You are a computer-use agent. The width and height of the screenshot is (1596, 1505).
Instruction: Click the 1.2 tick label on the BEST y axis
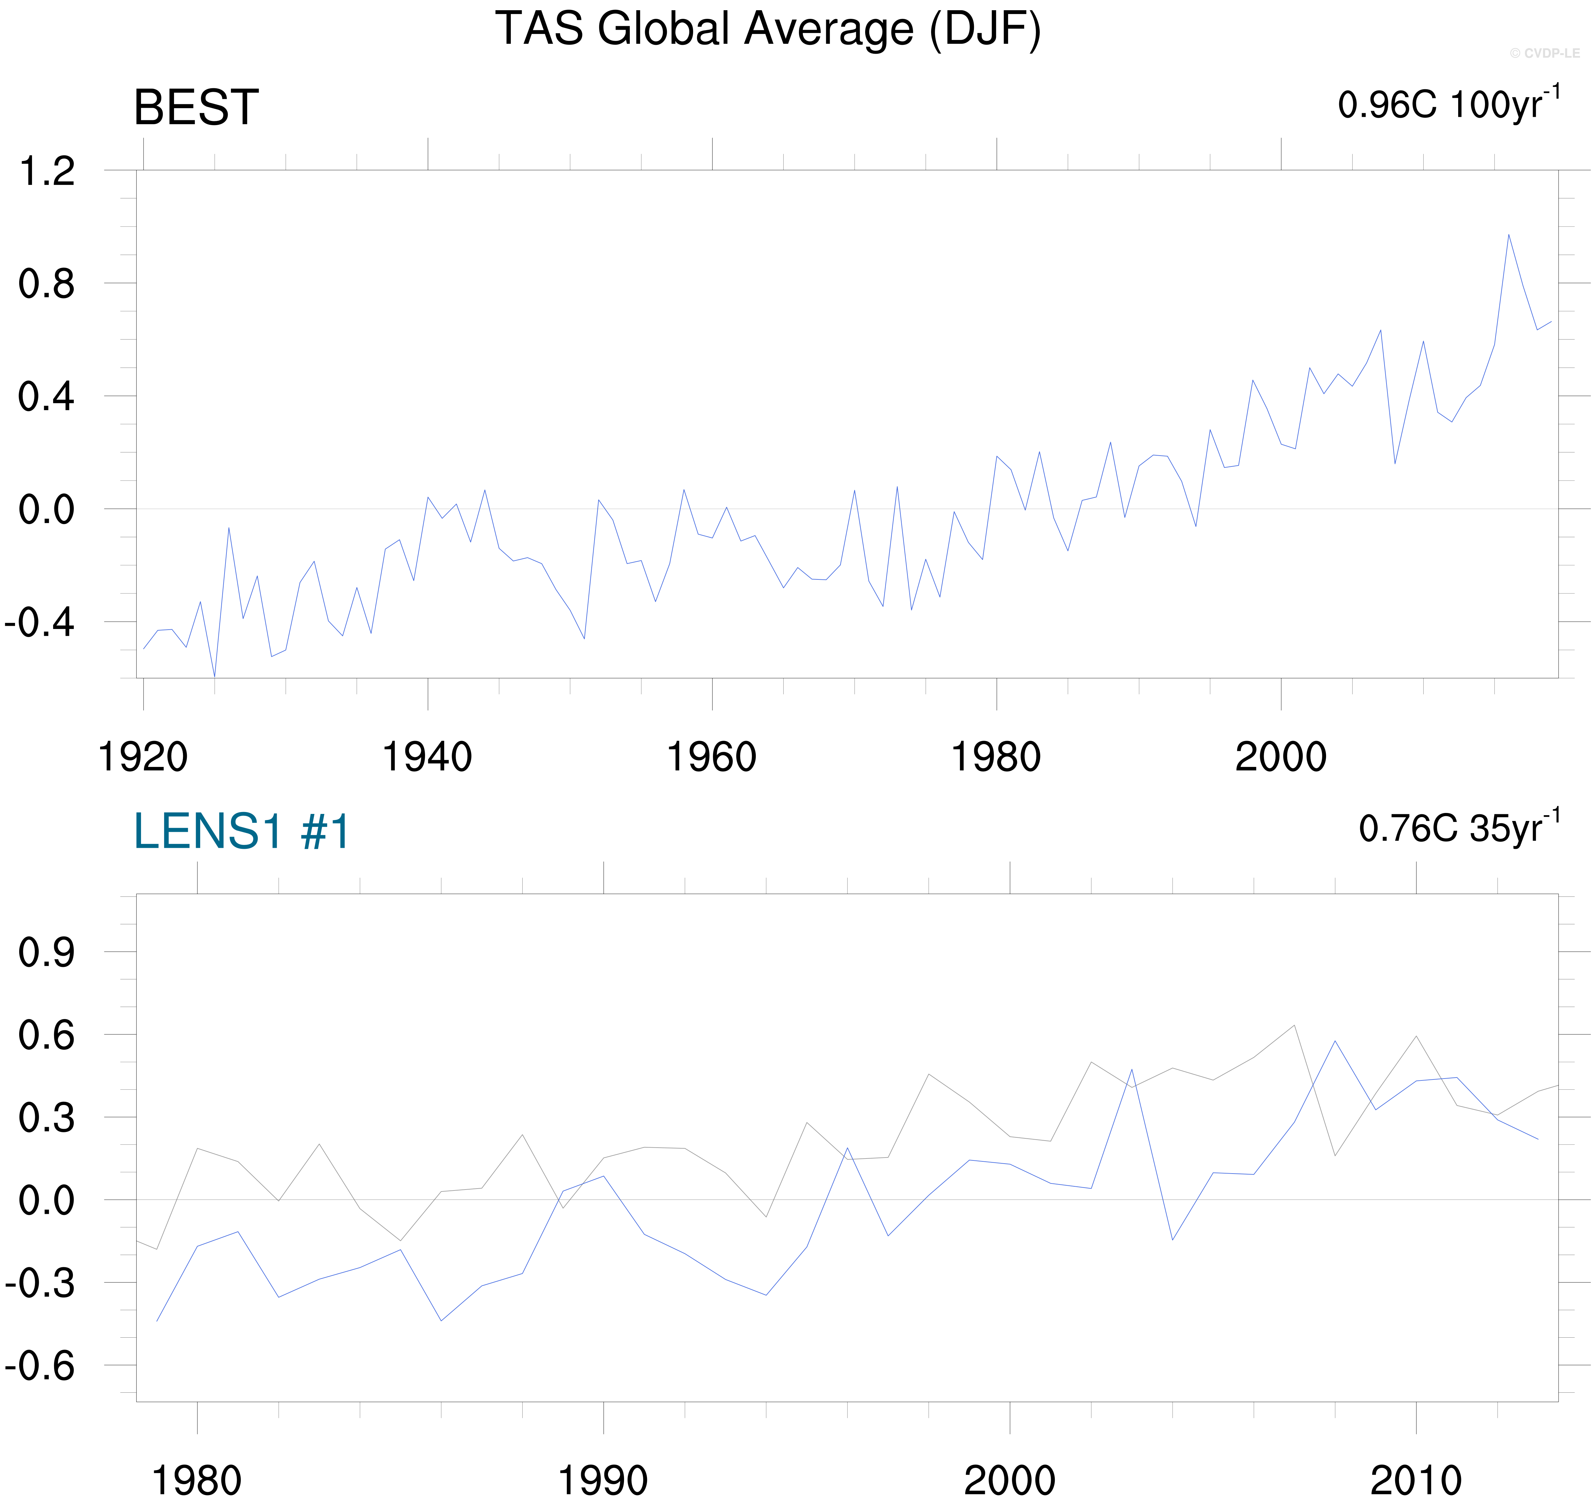(x=47, y=172)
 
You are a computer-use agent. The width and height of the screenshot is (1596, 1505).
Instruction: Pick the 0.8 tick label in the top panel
(x=47, y=284)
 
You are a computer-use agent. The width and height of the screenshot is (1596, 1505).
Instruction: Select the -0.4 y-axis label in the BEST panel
(x=40, y=622)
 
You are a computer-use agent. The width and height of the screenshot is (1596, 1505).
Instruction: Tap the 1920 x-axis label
(x=143, y=757)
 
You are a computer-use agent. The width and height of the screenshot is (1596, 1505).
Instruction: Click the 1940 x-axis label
(x=427, y=757)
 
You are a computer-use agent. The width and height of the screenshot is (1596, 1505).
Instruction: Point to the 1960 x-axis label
(x=711, y=757)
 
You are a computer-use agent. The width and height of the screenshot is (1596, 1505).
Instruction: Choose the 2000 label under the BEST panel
(x=1281, y=757)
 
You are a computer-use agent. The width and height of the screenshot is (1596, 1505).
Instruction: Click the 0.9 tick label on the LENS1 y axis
(x=47, y=953)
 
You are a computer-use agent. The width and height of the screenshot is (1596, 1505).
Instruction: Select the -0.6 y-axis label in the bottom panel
(x=40, y=1366)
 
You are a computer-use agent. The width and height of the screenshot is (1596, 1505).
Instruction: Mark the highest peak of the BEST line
(x=1508, y=235)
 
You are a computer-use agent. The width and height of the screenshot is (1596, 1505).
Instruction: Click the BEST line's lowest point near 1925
(x=214, y=676)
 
